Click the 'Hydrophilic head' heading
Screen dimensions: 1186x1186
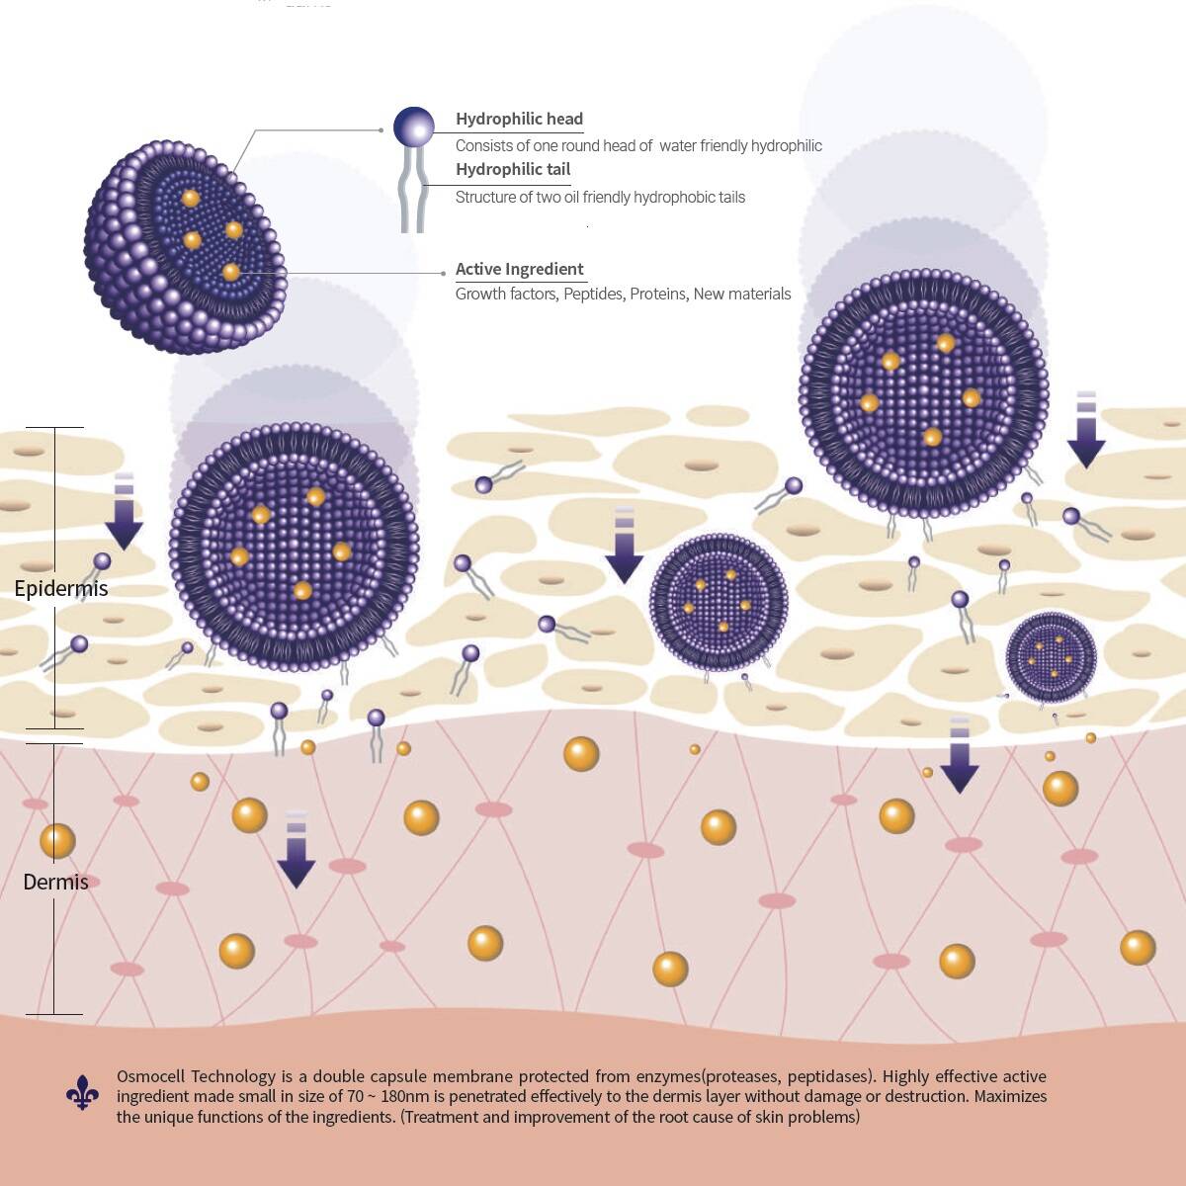pos(519,120)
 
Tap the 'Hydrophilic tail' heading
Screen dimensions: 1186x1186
pos(513,170)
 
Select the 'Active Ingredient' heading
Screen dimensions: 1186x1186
pos(519,270)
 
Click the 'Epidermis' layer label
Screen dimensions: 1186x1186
pos(61,589)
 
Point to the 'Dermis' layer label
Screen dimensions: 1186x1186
pos(55,883)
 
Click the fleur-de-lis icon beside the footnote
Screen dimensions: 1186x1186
pos(82,1093)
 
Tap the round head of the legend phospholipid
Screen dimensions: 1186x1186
pos(413,127)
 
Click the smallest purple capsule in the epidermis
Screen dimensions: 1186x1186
pos(1051,657)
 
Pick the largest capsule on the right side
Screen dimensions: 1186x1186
pos(923,393)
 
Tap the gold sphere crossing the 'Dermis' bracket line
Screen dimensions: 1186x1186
pos(57,841)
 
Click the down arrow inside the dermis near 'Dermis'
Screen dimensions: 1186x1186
pos(296,850)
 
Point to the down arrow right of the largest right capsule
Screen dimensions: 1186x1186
pos(1086,430)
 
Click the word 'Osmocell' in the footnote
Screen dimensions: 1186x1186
pos(151,1076)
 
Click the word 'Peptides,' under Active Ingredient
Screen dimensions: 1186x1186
pos(593,295)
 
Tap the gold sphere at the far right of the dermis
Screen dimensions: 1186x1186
pos(1138,948)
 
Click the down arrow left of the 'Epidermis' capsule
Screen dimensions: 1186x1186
pos(124,511)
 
